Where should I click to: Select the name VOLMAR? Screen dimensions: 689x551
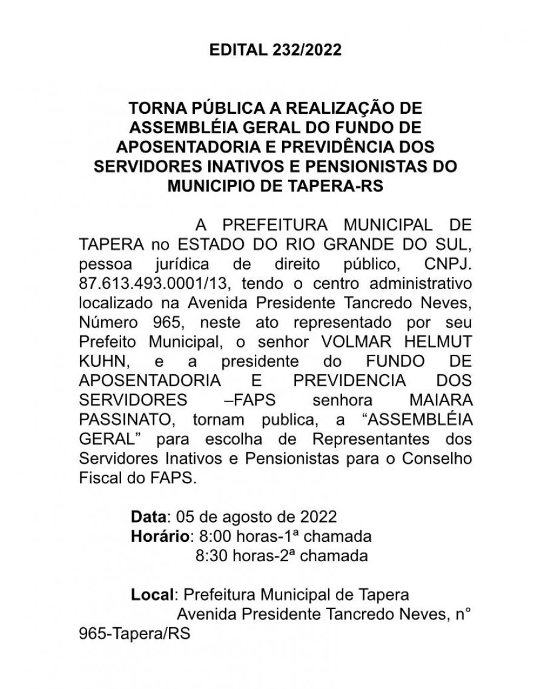(345, 341)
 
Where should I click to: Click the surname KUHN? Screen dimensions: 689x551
(104, 361)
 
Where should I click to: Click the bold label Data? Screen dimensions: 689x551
(148, 517)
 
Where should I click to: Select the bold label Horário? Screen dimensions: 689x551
(160, 536)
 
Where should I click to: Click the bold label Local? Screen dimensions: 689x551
(152, 595)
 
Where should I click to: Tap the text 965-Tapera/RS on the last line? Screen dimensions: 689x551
(134, 633)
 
